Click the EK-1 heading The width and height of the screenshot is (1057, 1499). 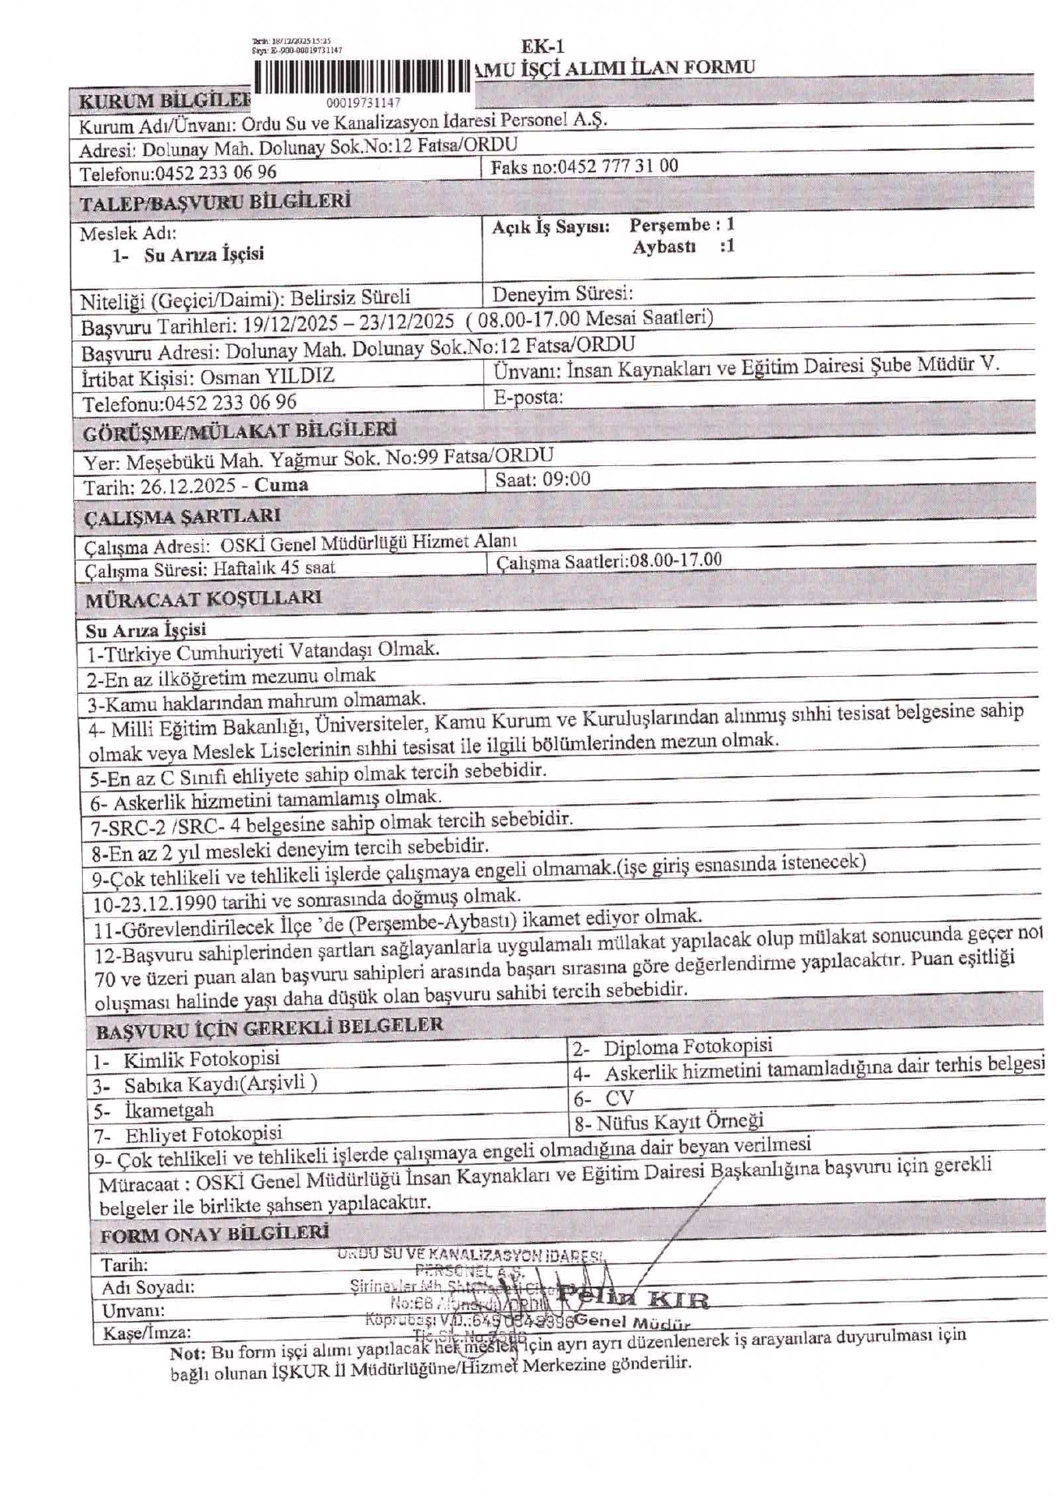pyautogui.click(x=543, y=47)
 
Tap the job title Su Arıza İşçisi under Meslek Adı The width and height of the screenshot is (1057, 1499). pyautogui.click(x=204, y=255)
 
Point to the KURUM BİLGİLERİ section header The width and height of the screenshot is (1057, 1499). pyautogui.click(x=165, y=101)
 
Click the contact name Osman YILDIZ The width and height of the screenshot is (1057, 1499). pyautogui.click(x=267, y=377)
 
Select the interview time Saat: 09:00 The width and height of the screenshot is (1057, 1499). pyautogui.click(x=543, y=479)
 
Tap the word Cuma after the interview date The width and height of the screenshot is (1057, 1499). pyautogui.click(x=281, y=485)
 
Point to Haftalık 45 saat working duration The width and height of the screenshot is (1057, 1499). pyautogui.click(x=274, y=568)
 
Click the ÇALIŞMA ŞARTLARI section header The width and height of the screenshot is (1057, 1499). pyautogui.click(x=182, y=517)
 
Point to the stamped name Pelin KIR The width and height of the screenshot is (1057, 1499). pyautogui.click(x=632, y=1299)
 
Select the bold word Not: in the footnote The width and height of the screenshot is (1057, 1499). pyautogui.click(x=187, y=1354)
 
